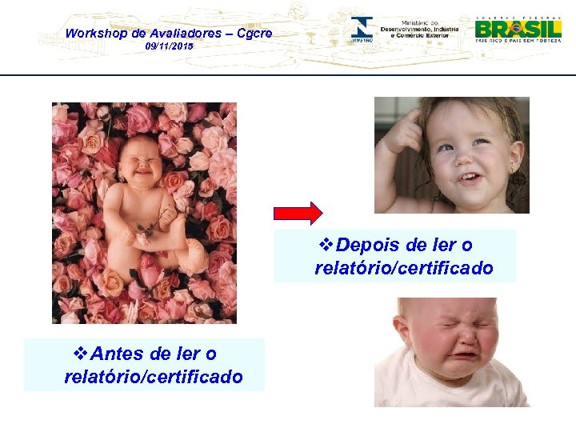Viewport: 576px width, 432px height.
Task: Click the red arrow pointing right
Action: pos(298,213)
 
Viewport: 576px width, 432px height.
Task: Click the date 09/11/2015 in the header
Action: pos(168,48)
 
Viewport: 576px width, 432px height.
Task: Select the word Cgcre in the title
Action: pos(254,33)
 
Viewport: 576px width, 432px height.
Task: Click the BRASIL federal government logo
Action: pos(518,30)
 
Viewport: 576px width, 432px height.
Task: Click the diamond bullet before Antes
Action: pos(80,353)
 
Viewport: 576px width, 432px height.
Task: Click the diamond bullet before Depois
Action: pos(325,245)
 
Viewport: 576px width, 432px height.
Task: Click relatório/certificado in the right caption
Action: pos(404,268)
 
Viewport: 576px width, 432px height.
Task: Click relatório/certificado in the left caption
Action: pos(154,376)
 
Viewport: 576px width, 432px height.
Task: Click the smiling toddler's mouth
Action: pos(470,174)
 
